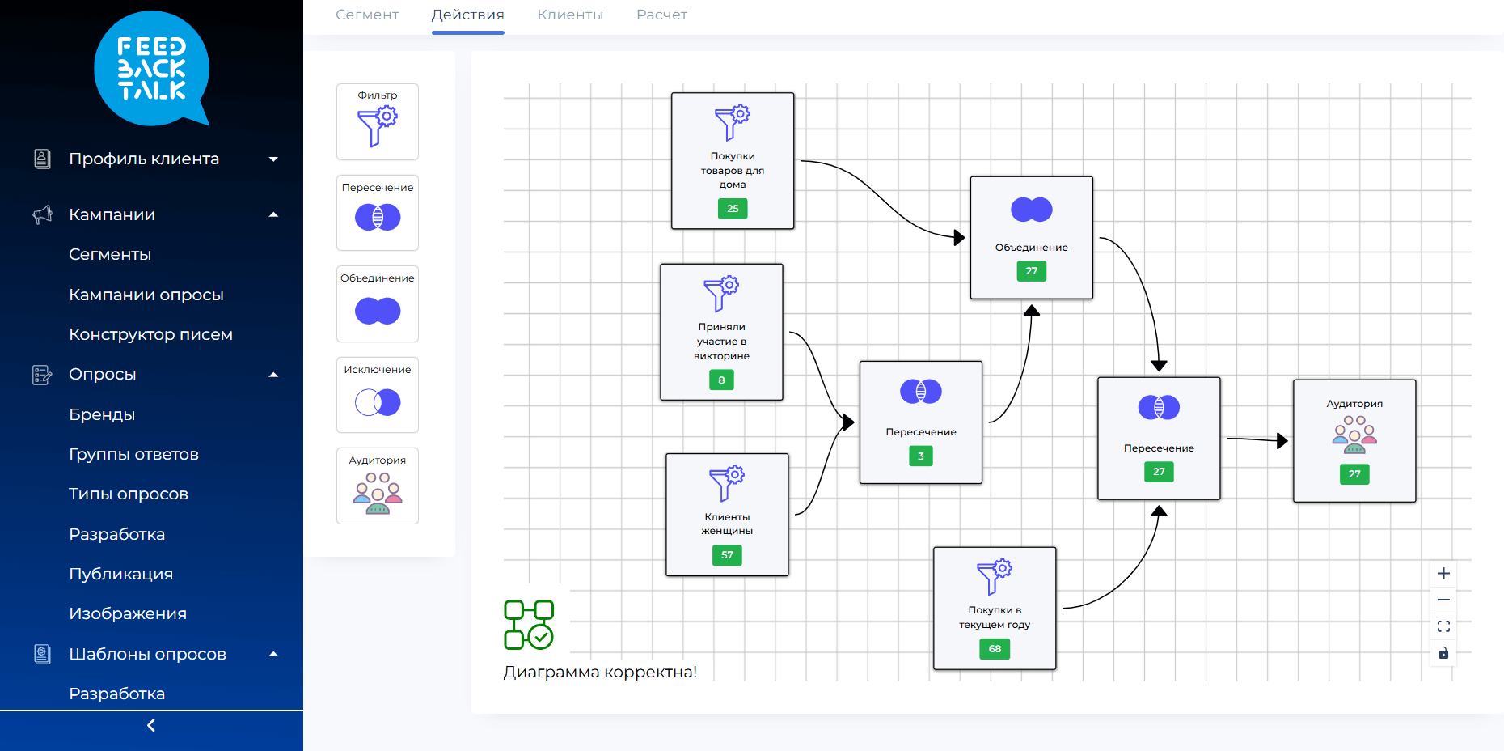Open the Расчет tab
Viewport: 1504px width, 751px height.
pyautogui.click(x=661, y=15)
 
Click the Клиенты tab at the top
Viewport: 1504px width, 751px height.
pyautogui.click(x=570, y=15)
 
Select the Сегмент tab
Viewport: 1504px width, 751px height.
pyautogui.click(x=367, y=15)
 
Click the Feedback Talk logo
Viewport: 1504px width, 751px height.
pyautogui.click(x=151, y=69)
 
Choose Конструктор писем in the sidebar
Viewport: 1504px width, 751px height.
pyautogui.click(x=150, y=334)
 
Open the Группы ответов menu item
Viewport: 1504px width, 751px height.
pyautogui.click(x=133, y=454)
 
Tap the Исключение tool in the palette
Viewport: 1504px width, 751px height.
pyautogui.click(x=378, y=395)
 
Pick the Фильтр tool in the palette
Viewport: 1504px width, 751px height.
pyautogui.click(x=378, y=121)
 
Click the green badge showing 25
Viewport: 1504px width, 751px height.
pyautogui.click(x=733, y=209)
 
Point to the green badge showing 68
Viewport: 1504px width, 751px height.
pyautogui.click(x=995, y=649)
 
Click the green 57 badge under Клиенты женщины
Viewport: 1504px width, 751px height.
pyautogui.click(x=727, y=555)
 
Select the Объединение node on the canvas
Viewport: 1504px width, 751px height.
pyautogui.click(x=1032, y=238)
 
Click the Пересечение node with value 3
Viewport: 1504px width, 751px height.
pyautogui.click(x=921, y=422)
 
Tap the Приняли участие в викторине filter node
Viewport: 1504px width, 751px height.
pyautogui.click(x=721, y=332)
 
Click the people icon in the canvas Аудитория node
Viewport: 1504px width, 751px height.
pyautogui.click(x=1354, y=435)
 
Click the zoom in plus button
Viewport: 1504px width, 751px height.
pyautogui.click(x=1443, y=574)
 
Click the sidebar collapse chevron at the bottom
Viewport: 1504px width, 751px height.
pyautogui.click(x=151, y=726)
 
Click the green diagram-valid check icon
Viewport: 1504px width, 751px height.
pyautogui.click(x=529, y=625)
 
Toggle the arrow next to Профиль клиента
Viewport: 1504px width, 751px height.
pyautogui.click(x=273, y=159)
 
